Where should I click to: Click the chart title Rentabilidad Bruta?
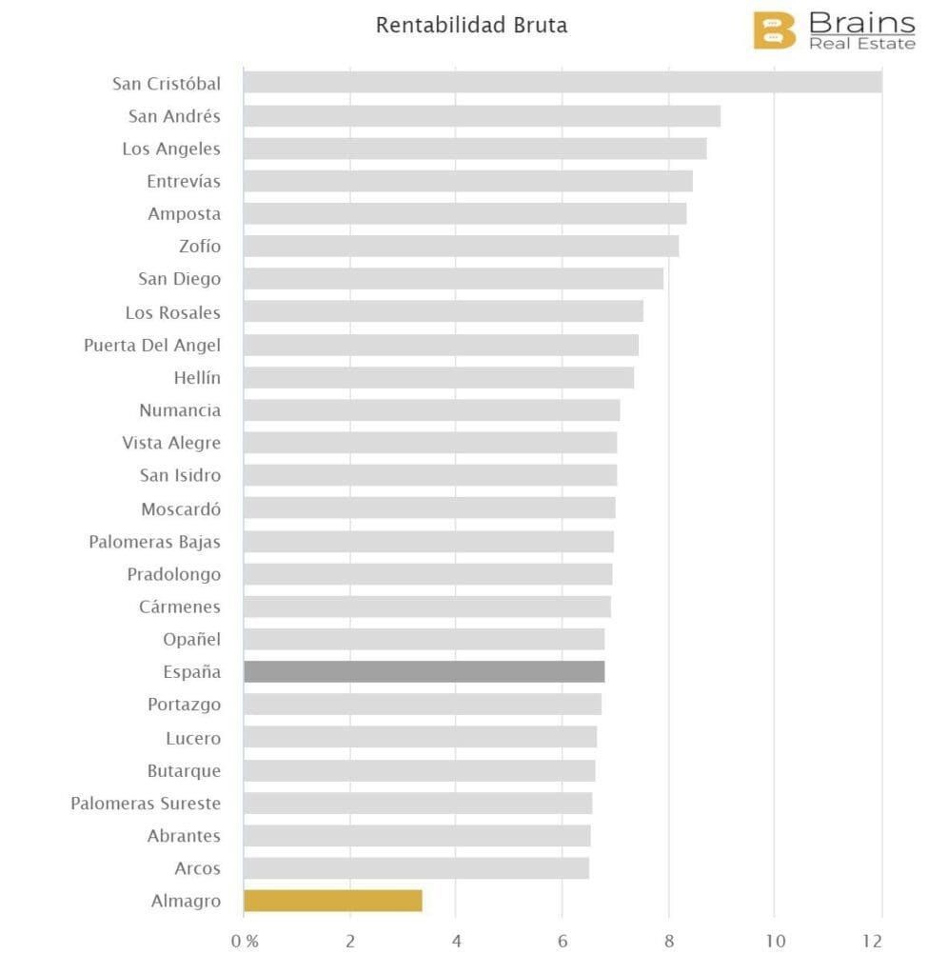471,26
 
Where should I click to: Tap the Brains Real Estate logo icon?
774,30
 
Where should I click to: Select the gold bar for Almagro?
332,901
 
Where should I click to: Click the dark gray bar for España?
424,672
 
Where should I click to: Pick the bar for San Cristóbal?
562,83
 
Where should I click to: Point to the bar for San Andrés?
482,116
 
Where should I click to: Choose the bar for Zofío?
461,247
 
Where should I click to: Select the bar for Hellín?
438,378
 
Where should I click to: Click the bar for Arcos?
416,868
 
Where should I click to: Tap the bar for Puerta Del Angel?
441,345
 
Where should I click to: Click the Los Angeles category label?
171,149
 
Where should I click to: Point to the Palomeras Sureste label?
146,804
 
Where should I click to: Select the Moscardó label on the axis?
181,509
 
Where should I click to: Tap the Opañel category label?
191,640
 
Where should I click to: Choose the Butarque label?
184,770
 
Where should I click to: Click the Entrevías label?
184,181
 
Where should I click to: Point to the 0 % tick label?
245,942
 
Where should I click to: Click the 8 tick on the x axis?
669,942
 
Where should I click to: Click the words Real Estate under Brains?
861,44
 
